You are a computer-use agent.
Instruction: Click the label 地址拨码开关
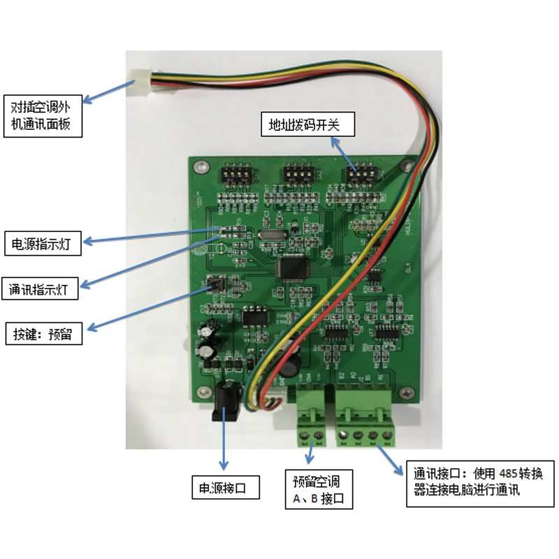tap(308, 125)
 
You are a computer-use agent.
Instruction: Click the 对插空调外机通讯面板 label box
tap(41, 116)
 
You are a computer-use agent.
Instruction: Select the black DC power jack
tap(226, 403)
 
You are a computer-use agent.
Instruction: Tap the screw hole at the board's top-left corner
tap(202, 167)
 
